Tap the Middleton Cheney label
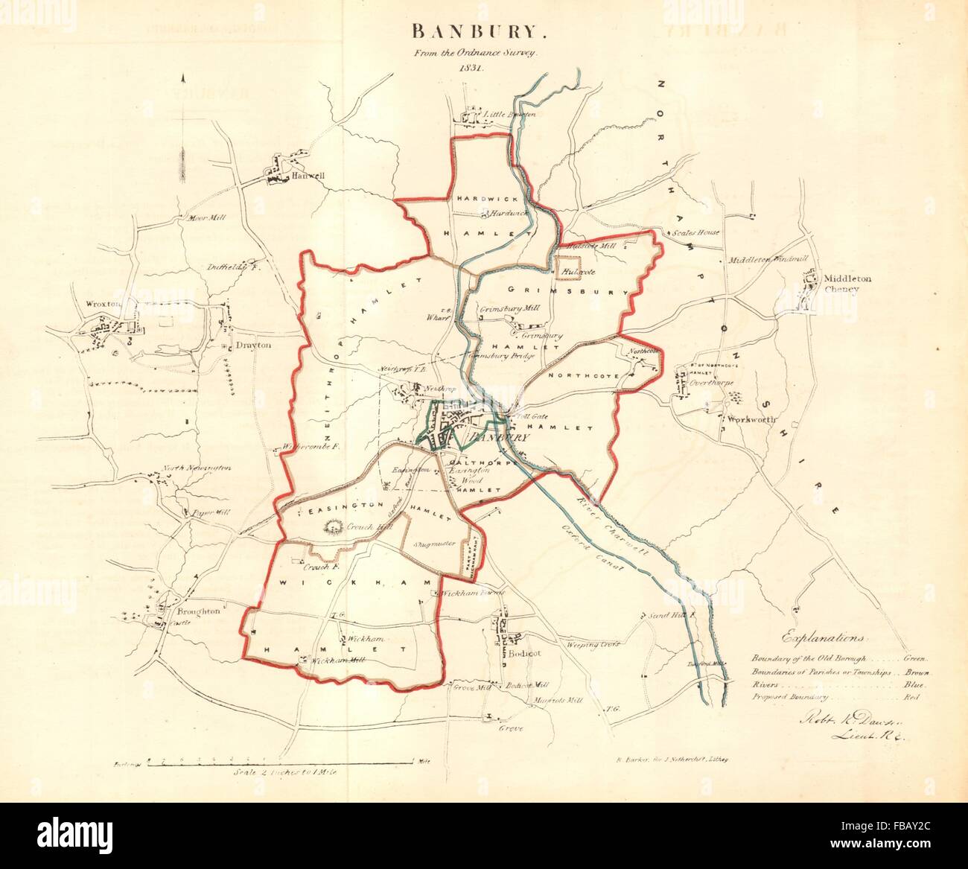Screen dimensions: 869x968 coord(847,284)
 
